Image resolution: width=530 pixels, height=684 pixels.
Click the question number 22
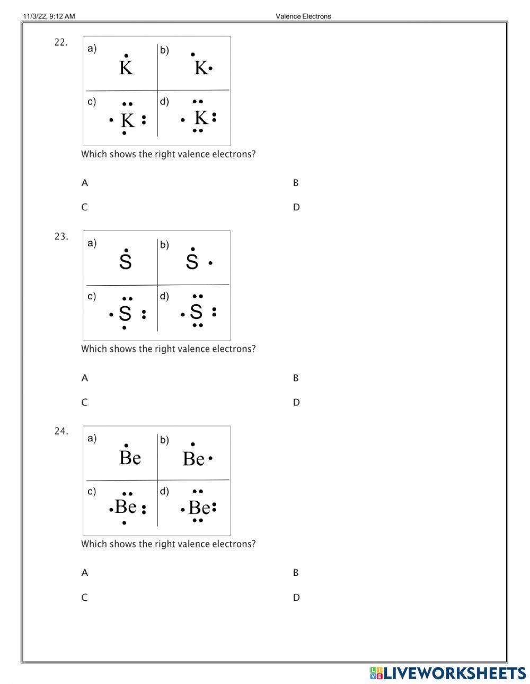(61, 42)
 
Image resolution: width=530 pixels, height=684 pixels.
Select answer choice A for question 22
(85, 183)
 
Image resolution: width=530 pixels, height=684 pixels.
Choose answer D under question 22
(296, 207)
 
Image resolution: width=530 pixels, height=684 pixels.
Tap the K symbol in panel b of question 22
(201, 68)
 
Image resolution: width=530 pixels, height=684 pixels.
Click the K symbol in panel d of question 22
(200, 118)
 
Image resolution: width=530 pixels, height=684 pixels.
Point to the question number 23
(61, 237)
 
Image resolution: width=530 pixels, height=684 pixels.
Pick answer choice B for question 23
(296, 378)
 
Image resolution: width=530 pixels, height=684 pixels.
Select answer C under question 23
(84, 402)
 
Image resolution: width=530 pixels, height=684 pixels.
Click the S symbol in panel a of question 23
(126, 262)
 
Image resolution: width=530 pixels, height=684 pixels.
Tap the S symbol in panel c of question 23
(125, 314)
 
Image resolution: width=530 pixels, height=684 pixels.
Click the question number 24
(61, 431)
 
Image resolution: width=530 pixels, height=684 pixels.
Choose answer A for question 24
(85, 573)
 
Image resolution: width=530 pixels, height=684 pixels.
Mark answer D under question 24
(296, 598)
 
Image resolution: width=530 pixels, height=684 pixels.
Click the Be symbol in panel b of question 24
(193, 459)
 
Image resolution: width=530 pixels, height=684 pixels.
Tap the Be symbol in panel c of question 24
(126, 507)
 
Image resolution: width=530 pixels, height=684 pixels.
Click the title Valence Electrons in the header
(303, 16)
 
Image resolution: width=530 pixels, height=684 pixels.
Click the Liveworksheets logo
(447, 673)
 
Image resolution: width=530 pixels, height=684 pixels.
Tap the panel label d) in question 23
(164, 296)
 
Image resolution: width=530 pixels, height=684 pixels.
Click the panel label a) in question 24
(92, 438)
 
